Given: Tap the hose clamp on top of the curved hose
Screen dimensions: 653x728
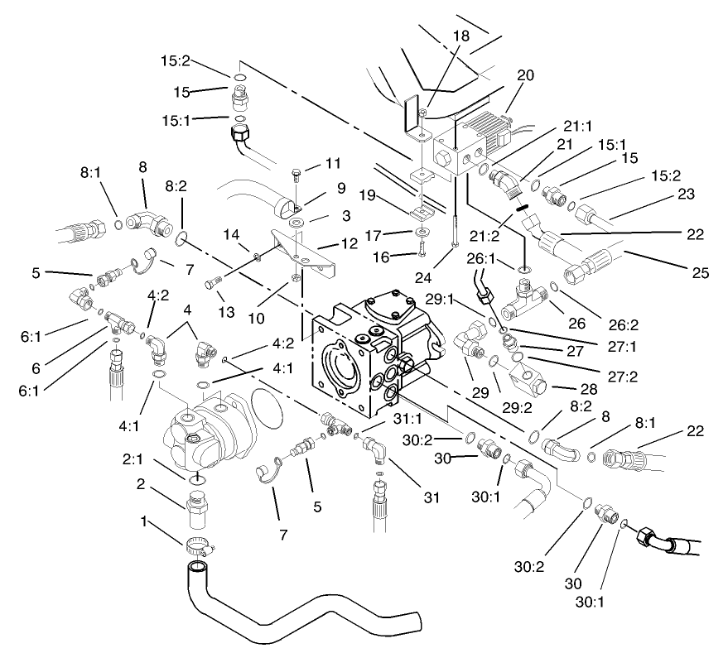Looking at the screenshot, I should tap(200, 545).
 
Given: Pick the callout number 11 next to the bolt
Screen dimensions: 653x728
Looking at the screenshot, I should tap(333, 162).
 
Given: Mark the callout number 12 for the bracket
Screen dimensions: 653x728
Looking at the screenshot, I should tap(348, 244).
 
